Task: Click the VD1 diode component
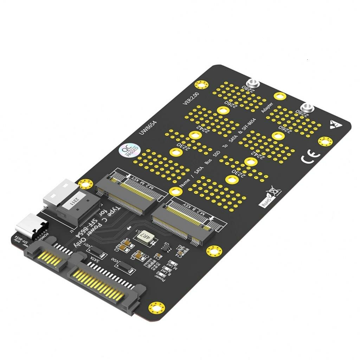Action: (x=96, y=251)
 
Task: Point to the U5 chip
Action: (x=165, y=246)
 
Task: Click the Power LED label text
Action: (x=162, y=278)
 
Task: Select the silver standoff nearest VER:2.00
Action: (x=253, y=84)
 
